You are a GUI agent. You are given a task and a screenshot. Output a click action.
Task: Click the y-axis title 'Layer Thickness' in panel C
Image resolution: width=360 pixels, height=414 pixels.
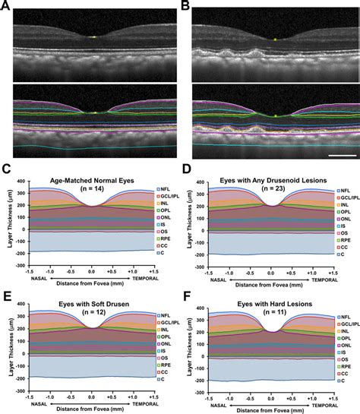(6, 220)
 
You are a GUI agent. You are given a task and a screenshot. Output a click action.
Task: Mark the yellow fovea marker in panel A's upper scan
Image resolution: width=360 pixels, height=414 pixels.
(91, 37)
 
